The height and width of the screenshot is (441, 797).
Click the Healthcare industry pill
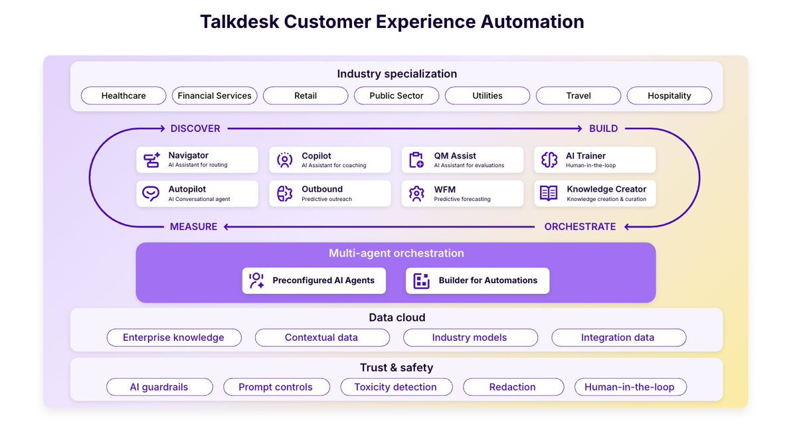pyautogui.click(x=124, y=95)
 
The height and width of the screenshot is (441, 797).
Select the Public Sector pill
pyautogui.click(x=397, y=95)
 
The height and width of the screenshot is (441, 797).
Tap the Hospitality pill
pyautogui.click(x=669, y=95)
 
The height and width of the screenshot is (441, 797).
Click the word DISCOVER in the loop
pyautogui.click(x=195, y=129)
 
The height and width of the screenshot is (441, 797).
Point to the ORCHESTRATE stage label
pyautogui.click(x=580, y=227)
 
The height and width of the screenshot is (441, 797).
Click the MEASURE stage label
pyautogui.click(x=194, y=227)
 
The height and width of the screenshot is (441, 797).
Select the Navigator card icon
pyautogui.click(x=151, y=160)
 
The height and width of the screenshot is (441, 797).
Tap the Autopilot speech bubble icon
pyautogui.click(x=151, y=194)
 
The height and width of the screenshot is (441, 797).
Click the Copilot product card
pyautogui.click(x=329, y=160)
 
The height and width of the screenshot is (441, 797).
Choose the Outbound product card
pyautogui.click(x=329, y=194)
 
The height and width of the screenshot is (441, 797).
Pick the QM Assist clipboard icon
pyautogui.click(x=416, y=160)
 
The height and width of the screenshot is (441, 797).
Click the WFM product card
pyautogui.click(x=462, y=194)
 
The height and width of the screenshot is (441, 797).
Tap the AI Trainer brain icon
pyautogui.click(x=549, y=160)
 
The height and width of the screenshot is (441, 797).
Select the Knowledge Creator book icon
pyautogui.click(x=549, y=194)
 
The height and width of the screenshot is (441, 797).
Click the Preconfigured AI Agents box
pyautogui.click(x=314, y=281)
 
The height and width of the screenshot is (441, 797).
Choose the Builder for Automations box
pyautogui.click(x=478, y=281)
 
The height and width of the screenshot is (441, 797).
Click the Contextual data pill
pyautogui.click(x=321, y=338)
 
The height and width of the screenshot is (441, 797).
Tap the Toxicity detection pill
pyautogui.click(x=396, y=387)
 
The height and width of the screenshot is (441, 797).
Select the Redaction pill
pyautogui.click(x=512, y=387)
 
